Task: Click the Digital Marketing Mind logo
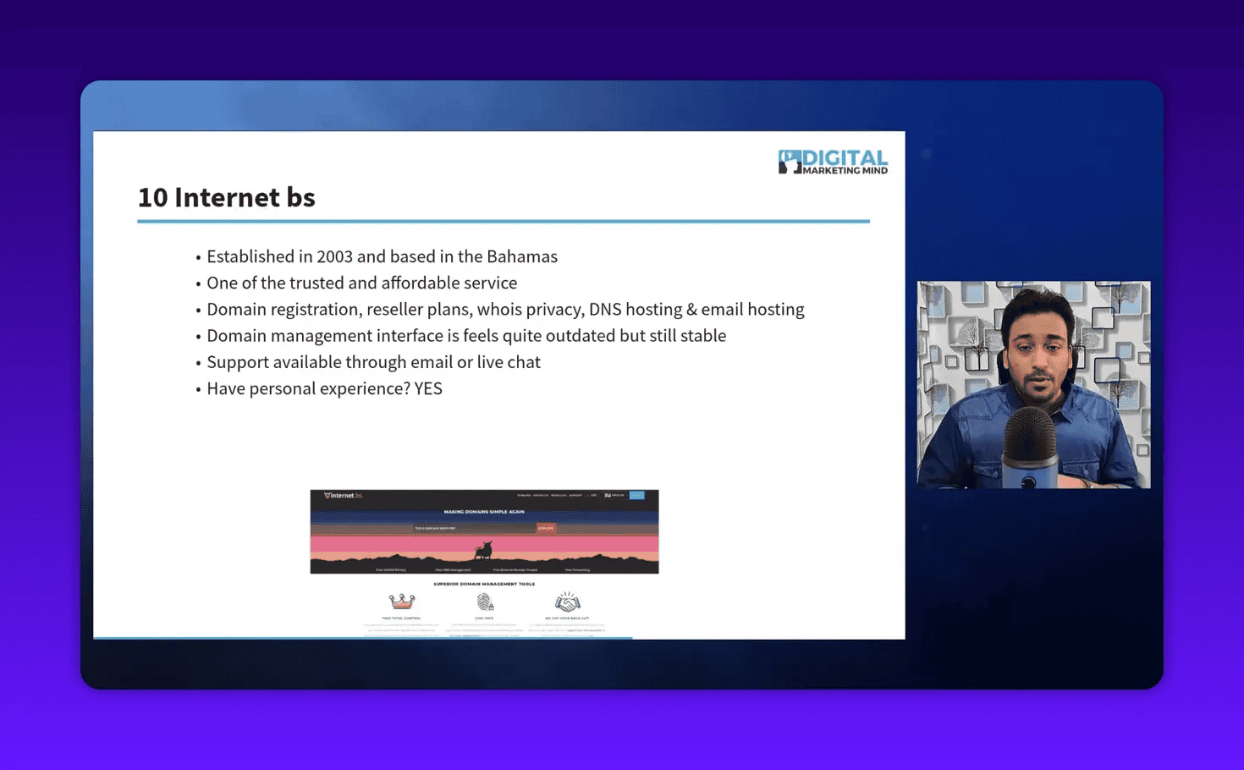[x=833, y=162]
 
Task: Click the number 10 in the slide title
[x=152, y=197]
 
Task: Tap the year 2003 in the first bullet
[x=334, y=256]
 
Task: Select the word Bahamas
[x=521, y=256]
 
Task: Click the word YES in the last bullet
[x=428, y=388]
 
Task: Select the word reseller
[x=394, y=309]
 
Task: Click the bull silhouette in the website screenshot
[x=483, y=551]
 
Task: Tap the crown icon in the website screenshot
[x=402, y=602]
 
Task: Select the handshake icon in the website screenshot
[x=567, y=602]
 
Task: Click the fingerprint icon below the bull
[x=485, y=602]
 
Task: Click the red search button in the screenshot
[x=545, y=528]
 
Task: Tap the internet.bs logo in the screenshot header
[x=344, y=496]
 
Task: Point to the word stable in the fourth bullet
[x=702, y=335]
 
